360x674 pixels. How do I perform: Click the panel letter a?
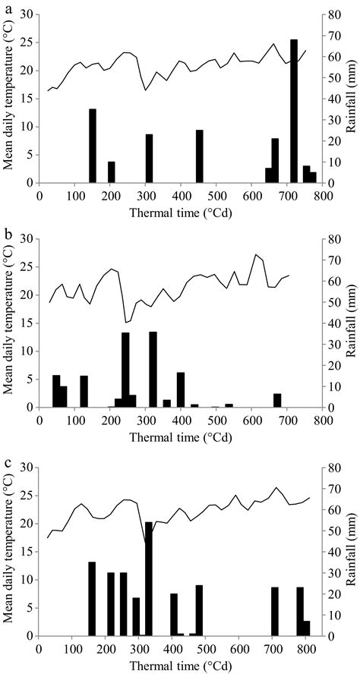click(6, 6)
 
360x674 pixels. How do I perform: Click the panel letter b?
click(6, 231)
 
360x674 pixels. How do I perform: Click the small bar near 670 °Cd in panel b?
click(277, 401)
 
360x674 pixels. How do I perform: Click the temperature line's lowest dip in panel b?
click(127, 323)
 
